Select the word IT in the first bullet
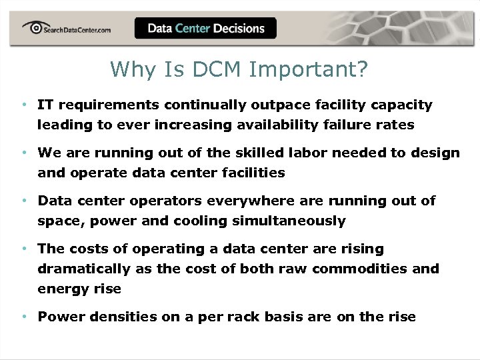point(45,105)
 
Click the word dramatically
point(83,269)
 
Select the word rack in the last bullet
point(232,317)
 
